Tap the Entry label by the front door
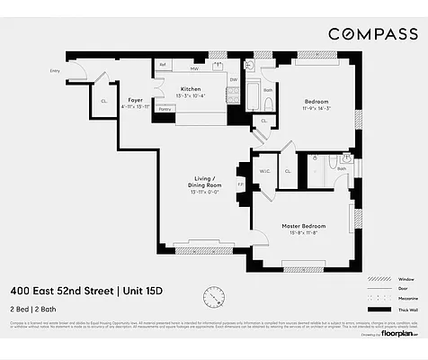click(x=55, y=68)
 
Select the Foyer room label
click(x=135, y=100)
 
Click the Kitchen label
click(x=190, y=89)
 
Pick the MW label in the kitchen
click(x=192, y=67)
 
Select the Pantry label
click(x=164, y=109)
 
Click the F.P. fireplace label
click(x=240, y=185)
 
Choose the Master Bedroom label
click(x=302, y=225)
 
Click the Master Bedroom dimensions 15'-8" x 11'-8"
click(x=302, y=234)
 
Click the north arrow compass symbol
click(x=214, y=296)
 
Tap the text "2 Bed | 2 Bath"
click(x=34, y=309)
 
